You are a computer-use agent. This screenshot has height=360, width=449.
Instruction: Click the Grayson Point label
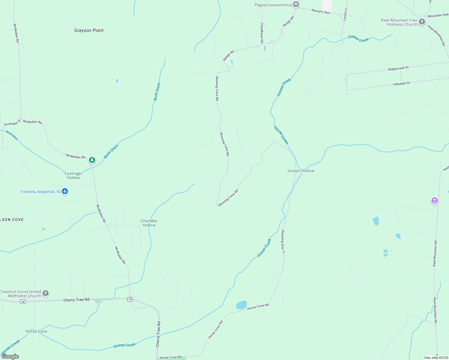click(89, 30)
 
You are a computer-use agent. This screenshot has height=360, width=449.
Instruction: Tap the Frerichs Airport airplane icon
click(65, 191)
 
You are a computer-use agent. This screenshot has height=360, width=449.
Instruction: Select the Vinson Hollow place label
click(300, 171)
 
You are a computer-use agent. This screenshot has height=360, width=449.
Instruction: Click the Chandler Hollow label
click(149, 223)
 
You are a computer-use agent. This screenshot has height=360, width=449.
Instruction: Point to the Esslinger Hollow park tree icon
click(92, 160)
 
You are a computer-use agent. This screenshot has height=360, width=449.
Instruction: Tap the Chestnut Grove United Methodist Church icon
click(46, 293)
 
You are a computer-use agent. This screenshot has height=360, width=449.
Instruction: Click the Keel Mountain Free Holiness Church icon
click(422, 22)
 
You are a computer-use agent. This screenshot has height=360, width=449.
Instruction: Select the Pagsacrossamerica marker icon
click(296, 4)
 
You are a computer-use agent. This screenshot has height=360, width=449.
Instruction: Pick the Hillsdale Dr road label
click(402, 84)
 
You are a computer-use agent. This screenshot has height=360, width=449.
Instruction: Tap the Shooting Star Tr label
click(283, 242)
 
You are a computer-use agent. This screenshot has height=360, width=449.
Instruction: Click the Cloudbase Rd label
click(262, 33)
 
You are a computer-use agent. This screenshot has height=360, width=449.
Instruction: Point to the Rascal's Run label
click(321, 11)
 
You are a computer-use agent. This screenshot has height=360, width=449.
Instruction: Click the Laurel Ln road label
click(345, 14)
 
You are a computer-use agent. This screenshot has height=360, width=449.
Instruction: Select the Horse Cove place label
click(36, 331)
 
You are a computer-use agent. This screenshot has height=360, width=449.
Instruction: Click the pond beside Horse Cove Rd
click(241, 305)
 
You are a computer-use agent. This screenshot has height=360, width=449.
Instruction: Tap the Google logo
click(10, 356)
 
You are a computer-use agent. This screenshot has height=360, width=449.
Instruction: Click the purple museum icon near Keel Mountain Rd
click(434, 200)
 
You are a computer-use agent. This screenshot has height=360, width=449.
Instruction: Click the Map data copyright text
click(436, 358)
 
